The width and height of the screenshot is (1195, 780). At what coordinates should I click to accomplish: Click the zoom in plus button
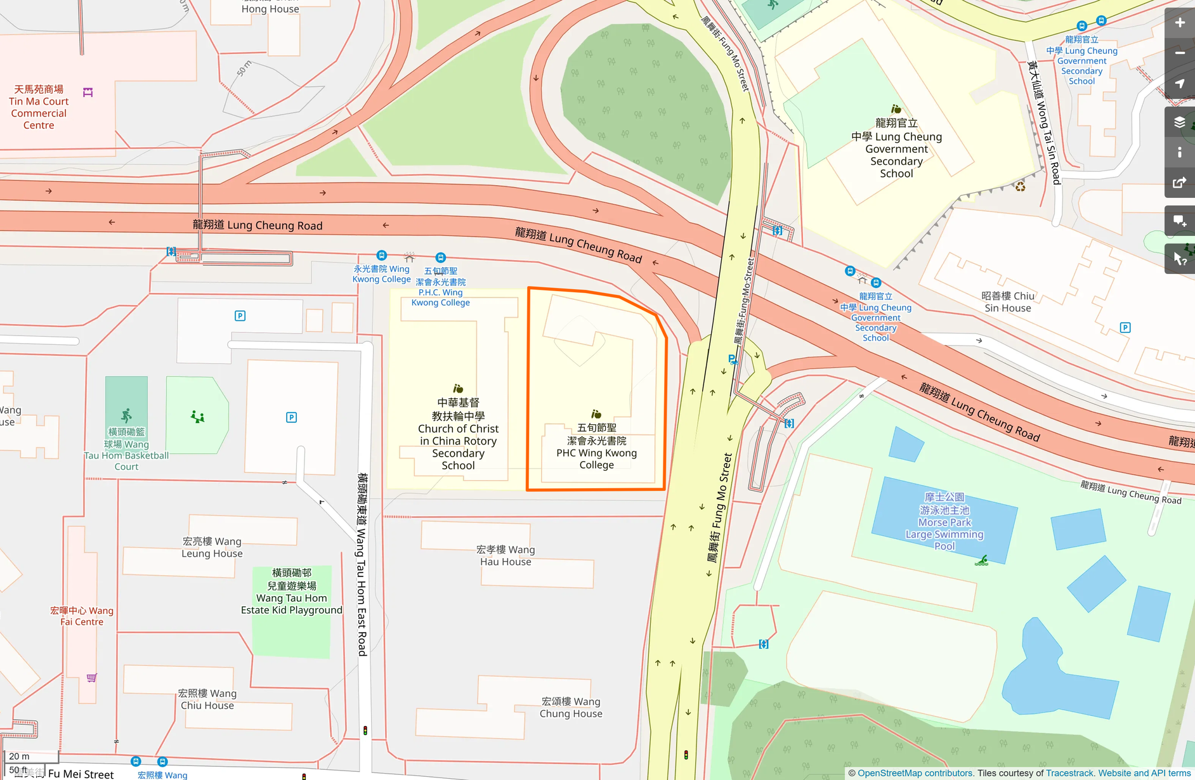(1180, 23)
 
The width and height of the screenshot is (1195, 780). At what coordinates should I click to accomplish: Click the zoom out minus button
(1180, 53)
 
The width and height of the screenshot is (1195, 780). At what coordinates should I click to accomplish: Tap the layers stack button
(1180, 122)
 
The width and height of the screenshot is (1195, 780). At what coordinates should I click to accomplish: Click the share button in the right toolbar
(1180, 183)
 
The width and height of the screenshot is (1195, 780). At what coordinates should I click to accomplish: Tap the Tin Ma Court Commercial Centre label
(39, 107)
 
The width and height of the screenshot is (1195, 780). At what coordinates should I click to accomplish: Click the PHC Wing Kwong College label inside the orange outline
(596, 446)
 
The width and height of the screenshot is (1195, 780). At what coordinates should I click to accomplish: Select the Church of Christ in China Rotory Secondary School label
(458, 434)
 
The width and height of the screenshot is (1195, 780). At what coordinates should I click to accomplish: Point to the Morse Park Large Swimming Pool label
(944, 521)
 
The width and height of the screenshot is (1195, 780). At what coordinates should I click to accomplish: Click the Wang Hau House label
(506, 556)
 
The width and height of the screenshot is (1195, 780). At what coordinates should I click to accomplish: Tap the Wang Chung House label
(571, 707)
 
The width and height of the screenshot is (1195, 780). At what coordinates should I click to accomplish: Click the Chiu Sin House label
(1007, 302)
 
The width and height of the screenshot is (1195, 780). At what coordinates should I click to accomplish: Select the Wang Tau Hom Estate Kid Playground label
(292, 592)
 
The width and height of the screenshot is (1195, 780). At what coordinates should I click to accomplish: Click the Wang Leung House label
(212, 547)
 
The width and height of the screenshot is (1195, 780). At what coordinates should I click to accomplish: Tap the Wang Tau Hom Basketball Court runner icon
(126, 415)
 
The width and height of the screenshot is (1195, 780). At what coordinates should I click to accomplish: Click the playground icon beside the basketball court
(197, 417)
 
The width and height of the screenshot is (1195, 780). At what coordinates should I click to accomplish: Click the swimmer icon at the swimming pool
(982, 560)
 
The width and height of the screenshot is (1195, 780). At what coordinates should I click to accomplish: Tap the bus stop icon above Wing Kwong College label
(381, 256)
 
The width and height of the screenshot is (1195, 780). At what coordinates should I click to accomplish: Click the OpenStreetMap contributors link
(915, 773)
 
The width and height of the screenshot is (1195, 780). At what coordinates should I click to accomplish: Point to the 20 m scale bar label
(19, 756)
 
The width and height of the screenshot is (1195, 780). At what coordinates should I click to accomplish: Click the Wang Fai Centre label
(82, 616)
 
